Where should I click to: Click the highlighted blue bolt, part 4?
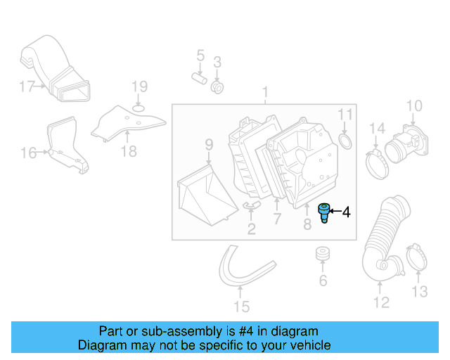pos(324,212)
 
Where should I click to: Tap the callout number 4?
pos(346,212)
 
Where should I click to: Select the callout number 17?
pos(27,87)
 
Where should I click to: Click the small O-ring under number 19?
pos(139,107)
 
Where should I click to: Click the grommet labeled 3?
pos(217,87)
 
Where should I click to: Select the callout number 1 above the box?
pos(266,93)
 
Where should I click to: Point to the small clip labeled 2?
pos(251,205)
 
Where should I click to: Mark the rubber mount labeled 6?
pos(323,254)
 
